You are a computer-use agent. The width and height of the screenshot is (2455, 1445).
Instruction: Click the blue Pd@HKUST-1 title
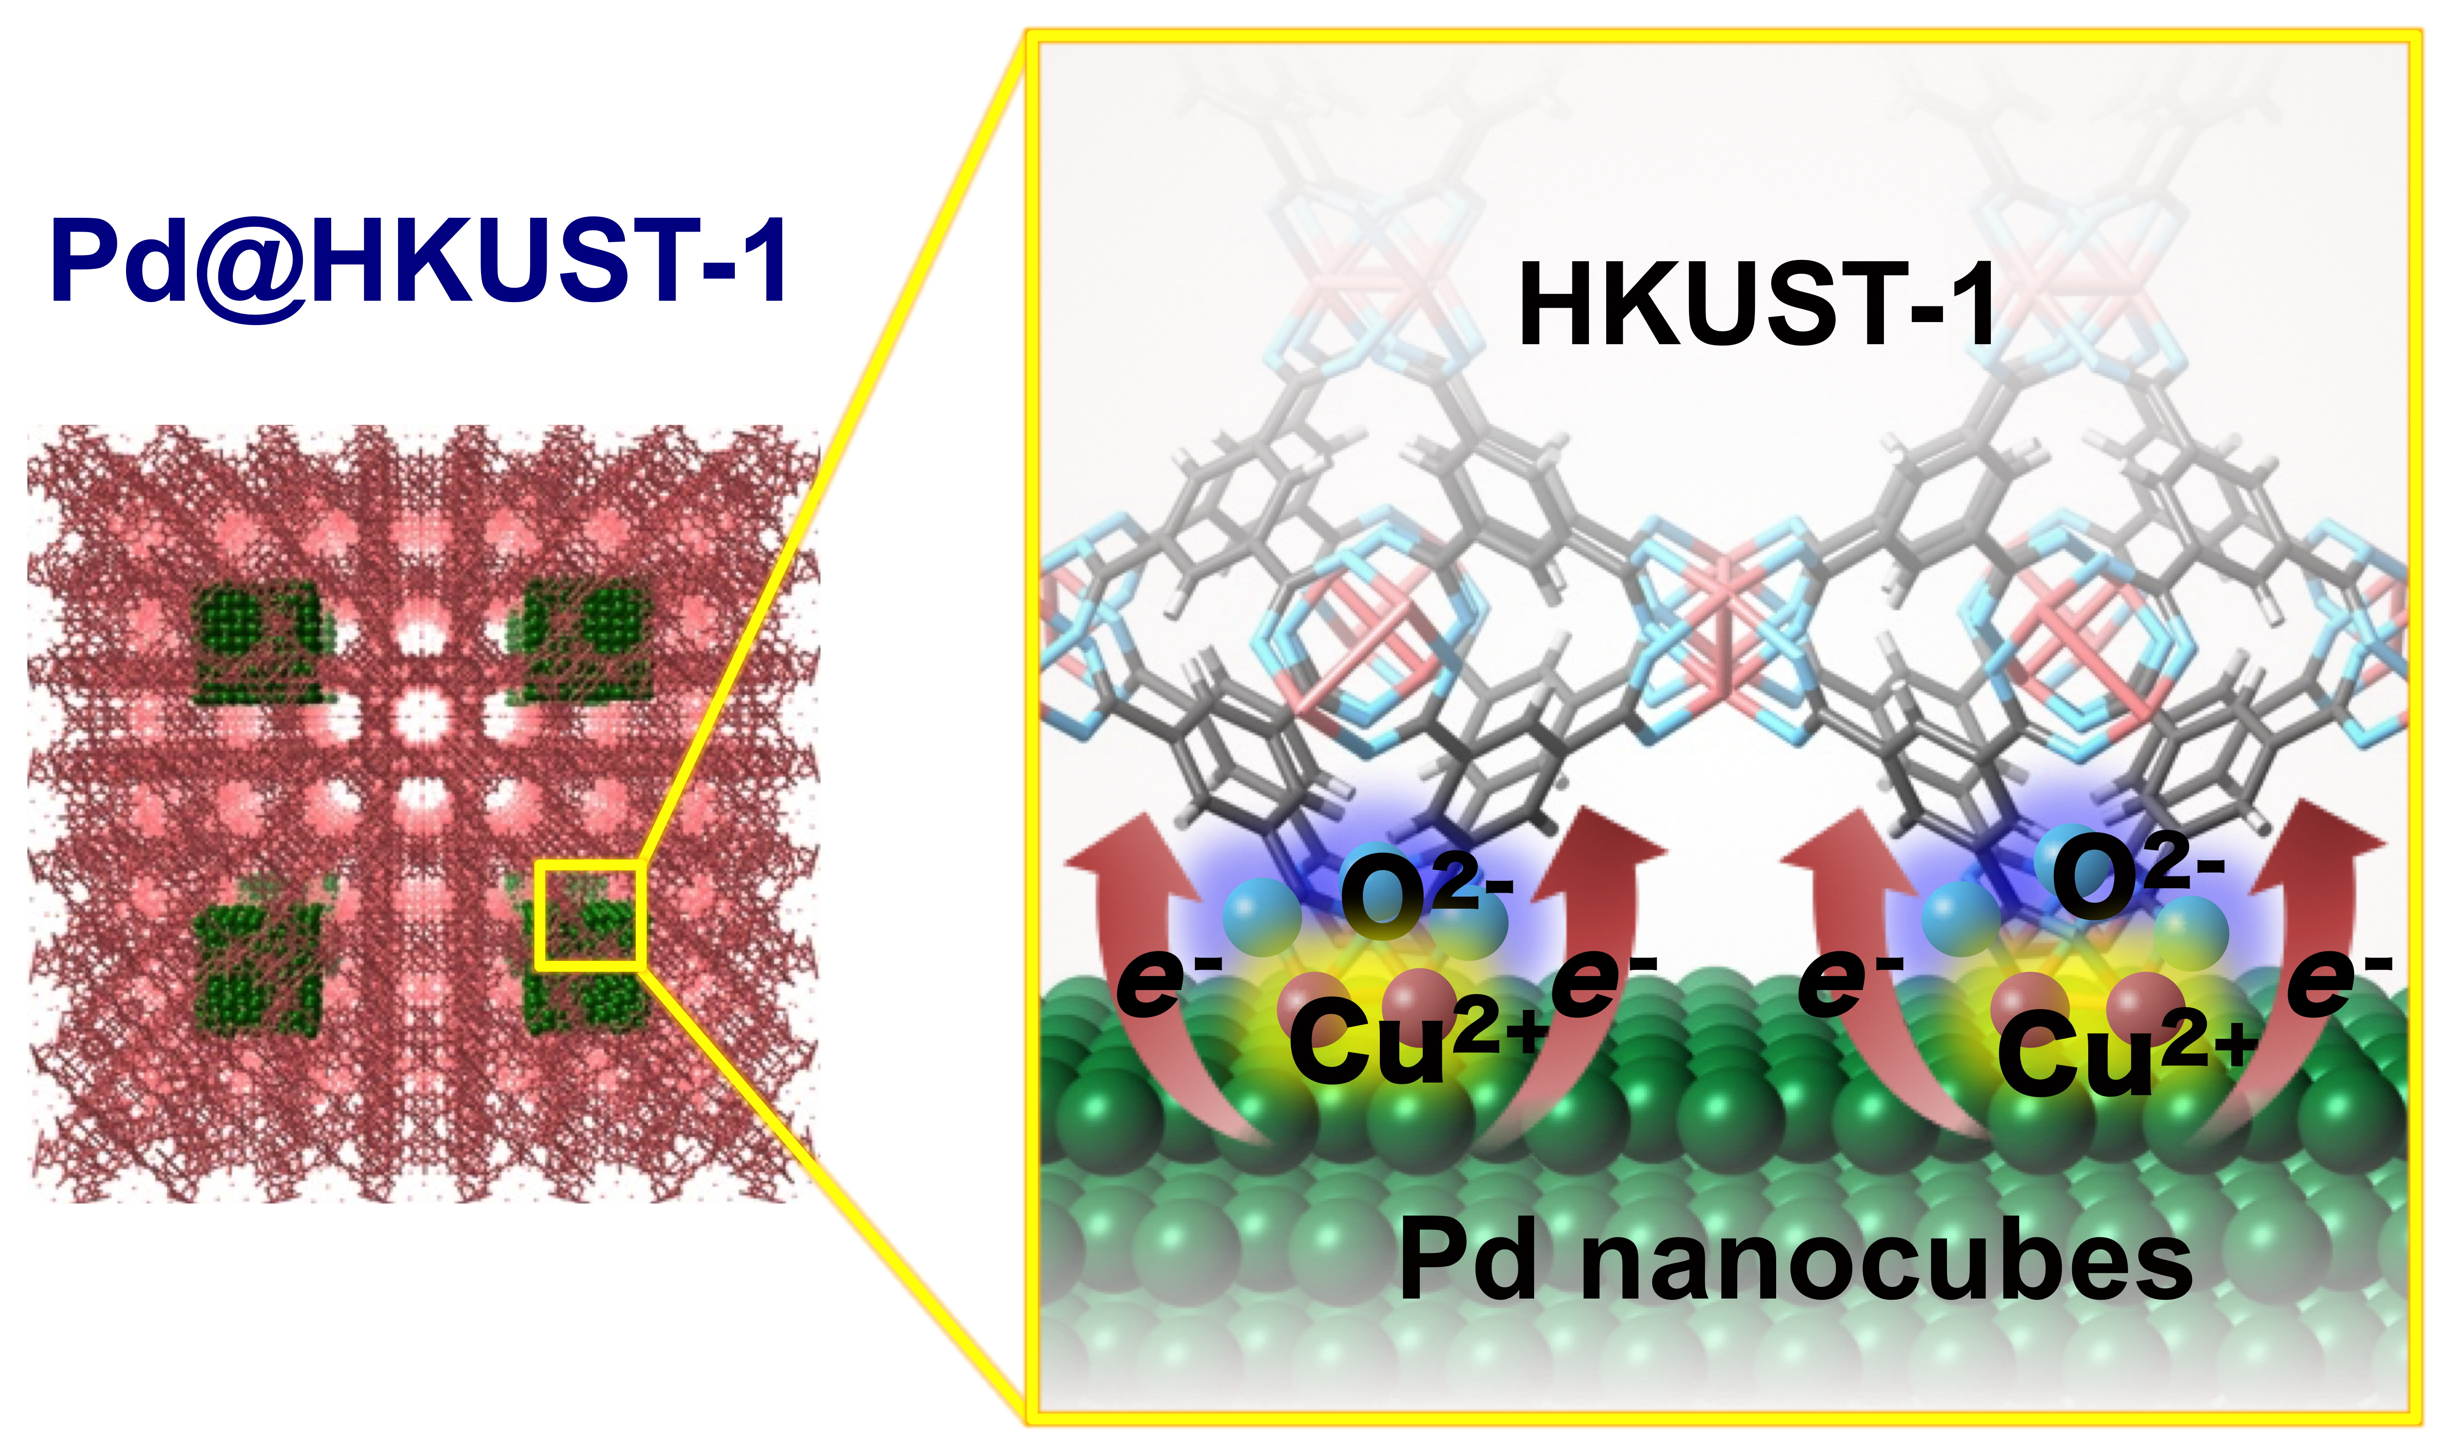pos(419,258)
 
